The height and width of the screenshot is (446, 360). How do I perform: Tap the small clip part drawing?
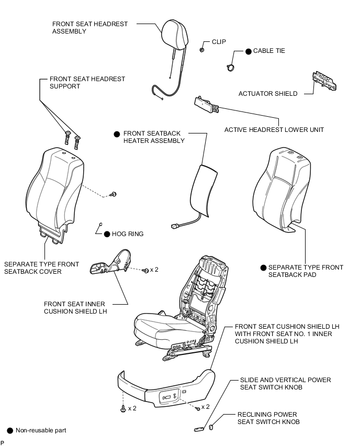(201, 50)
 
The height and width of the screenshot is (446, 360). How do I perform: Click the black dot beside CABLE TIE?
(249, 51)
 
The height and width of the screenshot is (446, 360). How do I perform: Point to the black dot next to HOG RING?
(107, 234)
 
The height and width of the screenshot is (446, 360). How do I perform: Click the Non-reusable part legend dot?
(10, 430)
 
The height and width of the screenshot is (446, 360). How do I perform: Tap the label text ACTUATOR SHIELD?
(268, 94)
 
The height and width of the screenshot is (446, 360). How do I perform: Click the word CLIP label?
(219, 41)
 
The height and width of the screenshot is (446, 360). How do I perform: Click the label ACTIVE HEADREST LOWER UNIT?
(274, 130)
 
